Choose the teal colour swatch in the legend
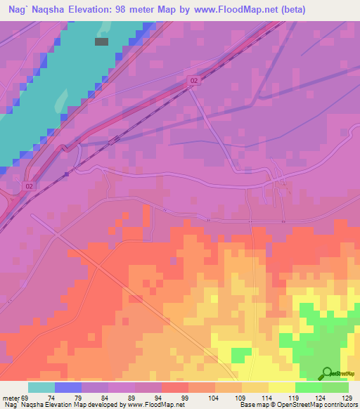point(41,388)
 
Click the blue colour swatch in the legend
point(68,388)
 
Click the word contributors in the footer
point(340,404)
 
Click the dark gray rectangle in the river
point(101,41)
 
